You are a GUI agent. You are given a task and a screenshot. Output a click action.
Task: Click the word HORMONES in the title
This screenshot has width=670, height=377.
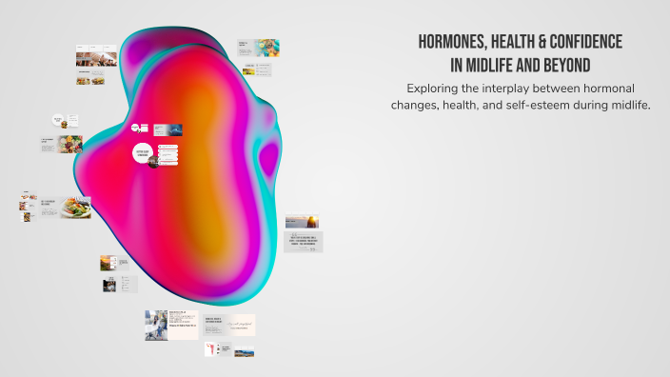click(x=452, y=42)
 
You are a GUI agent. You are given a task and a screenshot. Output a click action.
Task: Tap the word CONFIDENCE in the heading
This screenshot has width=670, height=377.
click(x=583, y=42)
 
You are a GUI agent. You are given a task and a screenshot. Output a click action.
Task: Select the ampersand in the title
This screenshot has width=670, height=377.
click(x=536, y=42)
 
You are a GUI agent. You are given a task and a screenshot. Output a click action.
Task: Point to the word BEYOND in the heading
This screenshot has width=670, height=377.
click(x=562, y=65)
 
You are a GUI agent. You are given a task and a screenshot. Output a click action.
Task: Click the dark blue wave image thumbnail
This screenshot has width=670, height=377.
click(x=168, y=129)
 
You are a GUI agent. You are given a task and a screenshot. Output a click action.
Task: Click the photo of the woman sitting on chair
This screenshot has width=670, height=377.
click(x=156, y=325)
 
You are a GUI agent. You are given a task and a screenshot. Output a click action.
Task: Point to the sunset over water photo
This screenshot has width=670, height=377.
click(x=302, y=221)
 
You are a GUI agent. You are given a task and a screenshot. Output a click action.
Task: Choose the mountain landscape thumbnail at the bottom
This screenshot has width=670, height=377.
click(x=244, y=352)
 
